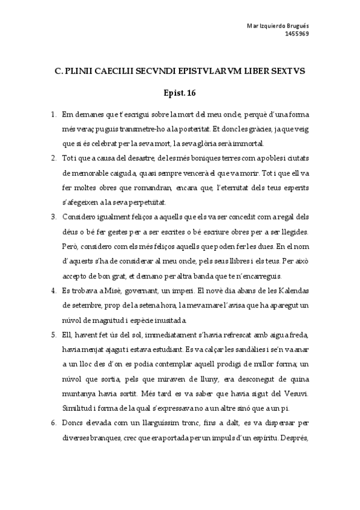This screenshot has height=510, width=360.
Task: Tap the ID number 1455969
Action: tap(296, 34)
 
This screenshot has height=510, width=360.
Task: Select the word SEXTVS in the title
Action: tap(287, 71)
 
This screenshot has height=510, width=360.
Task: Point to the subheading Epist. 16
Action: tap(180, 93)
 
